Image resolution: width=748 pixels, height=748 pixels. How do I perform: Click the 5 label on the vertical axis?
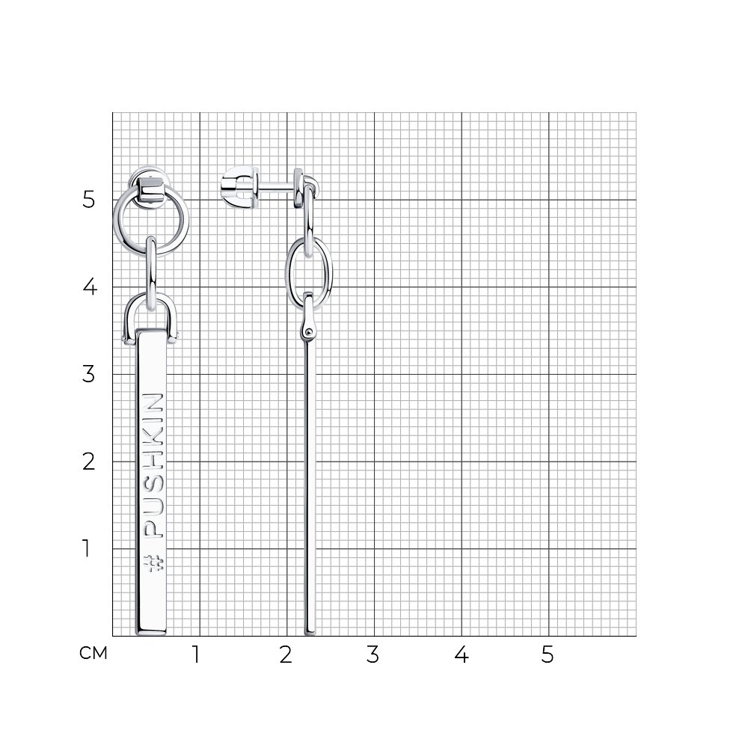point(88,199)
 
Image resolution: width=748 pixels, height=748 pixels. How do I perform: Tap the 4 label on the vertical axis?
point(90,286)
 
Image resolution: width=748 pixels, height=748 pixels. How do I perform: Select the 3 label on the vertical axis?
point(88,374)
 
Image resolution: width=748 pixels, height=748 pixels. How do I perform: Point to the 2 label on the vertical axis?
point(88,462)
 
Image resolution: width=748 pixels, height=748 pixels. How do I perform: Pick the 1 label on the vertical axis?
point(86,548)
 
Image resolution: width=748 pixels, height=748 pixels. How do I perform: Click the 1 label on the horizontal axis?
point(195,654)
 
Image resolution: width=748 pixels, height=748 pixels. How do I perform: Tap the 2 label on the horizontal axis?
point(285,654)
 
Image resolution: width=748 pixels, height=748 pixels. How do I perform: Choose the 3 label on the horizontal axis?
point(373,654)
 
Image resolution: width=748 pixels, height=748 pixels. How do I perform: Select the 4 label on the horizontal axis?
point(462,654)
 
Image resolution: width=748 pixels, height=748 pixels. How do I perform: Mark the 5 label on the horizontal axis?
point(548,654)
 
